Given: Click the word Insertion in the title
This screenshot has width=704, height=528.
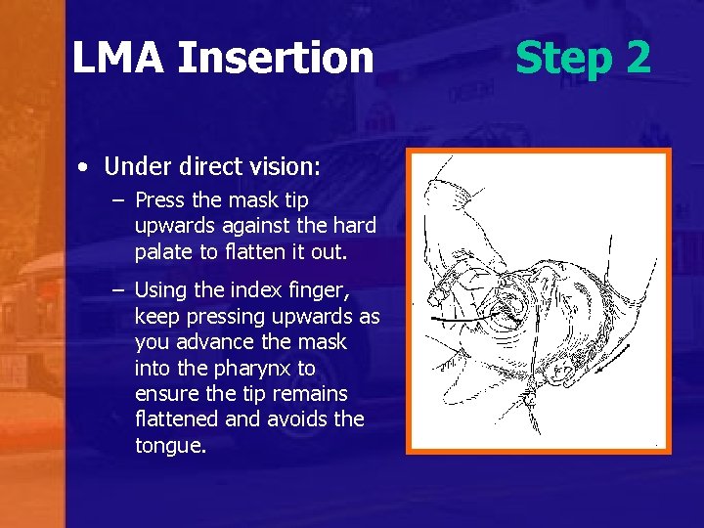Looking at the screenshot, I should click(x=276, y=58).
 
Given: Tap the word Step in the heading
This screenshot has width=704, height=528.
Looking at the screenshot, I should click(x=561, y=58).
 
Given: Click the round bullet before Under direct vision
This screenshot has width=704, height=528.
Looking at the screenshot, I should click(x=86, y=168).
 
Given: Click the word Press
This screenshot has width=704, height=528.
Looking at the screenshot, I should click(x=158, y=200).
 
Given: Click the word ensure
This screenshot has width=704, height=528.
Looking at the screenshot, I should click(x=165, y=393).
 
